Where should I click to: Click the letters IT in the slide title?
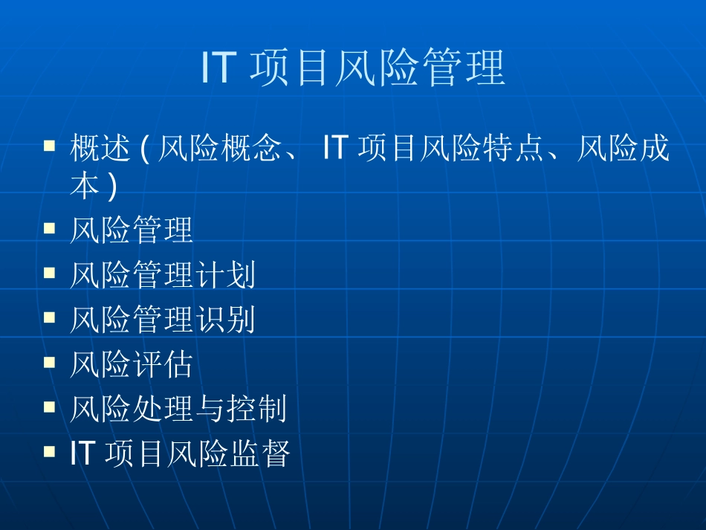click(x=218, y=69)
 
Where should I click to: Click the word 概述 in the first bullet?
click(x=101, y=149)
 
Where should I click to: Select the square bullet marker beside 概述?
click(x=50, y=145)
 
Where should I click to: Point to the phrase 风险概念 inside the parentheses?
click(x=219, y=149)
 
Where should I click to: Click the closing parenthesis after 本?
click(x=113, y=187)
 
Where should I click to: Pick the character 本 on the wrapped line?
click(x=85, y=186)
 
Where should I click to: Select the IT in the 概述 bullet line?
click(x=335, y=149)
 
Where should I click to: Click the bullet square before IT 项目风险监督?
click(x=50, y=450)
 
